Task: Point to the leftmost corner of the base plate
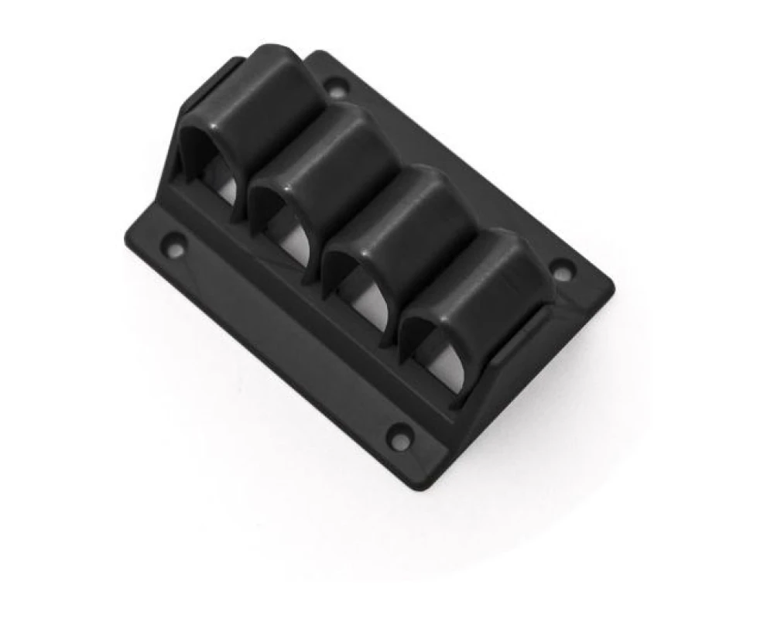pos(126,236)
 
